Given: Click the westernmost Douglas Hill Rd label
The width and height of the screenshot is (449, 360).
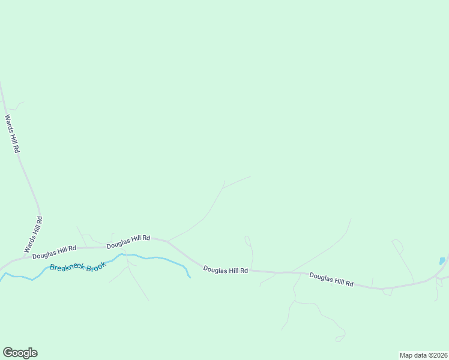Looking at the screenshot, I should coord(55,252).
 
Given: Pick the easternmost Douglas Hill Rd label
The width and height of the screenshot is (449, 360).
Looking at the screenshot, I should coord(331,279).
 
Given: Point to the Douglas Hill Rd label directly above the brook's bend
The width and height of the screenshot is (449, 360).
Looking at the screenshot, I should coord(128,242).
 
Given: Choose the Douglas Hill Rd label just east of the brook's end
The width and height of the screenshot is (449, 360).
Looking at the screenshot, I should coord(225,270).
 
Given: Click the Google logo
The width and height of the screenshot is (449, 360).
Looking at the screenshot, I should coord(20,353).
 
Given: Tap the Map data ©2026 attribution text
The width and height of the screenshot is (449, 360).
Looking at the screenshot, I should coord(423,355).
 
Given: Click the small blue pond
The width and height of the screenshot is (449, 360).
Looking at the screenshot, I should coord(442,261).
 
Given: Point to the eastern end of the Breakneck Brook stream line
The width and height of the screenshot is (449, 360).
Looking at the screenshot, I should coord(190,277).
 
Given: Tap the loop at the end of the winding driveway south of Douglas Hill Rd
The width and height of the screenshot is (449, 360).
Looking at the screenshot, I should coord(340,338).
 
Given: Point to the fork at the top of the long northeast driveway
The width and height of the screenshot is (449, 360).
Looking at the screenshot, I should coord(223,188).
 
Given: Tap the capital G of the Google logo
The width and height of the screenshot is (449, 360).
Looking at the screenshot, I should coord(8,353).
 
